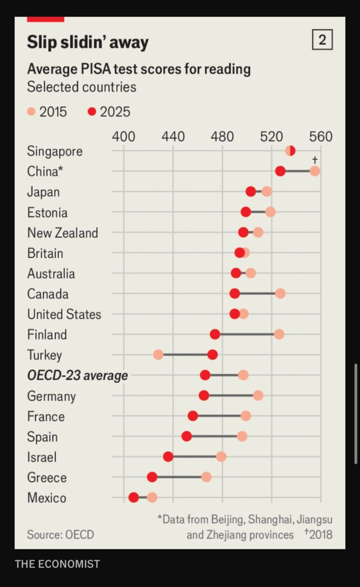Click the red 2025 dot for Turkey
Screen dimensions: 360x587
(x=212, y=355)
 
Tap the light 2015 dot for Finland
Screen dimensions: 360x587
(x=279, y=335)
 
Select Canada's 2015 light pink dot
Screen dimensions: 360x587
(x=280, y=294)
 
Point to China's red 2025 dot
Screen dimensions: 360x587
(x=280, y=171)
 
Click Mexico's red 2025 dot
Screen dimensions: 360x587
(x=134, y=497)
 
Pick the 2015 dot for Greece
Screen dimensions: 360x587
(x=206, y=477)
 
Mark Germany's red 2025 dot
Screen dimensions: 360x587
(x=204, y=395)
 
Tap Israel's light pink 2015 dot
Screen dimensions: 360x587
(x=221, y=457)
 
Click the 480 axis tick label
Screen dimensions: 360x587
(x=222, y=136)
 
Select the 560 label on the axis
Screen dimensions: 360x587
(x=321, y=136)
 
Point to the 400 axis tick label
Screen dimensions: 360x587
(x=124, y=136)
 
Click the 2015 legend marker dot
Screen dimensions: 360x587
(x=31, y=112)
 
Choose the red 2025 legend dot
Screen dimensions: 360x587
(x=92, y=112)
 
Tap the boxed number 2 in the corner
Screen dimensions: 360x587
(x=322, y=40)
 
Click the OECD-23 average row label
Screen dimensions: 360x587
(x=78, y=375)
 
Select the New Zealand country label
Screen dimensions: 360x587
(x=63, y=233)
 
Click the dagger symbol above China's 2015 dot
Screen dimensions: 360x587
(x=315, y=159)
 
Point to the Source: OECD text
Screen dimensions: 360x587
(x=61, y=535)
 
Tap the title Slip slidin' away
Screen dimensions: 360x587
(x=88, y=42)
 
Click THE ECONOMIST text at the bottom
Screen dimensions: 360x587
(x=57, y=564)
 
